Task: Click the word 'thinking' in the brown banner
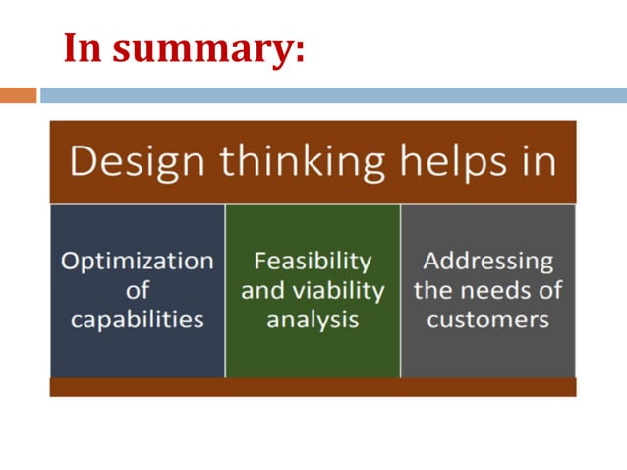click(x=296, y=162)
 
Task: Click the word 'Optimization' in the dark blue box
click(x=138, y=262)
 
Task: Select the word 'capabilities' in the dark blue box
click(x=138, y=321)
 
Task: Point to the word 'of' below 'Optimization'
click(x=138, y=291)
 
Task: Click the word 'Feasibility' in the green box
click(x=313, y=262)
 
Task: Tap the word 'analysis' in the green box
click(x=313, y=321)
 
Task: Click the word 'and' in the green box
click(x=260, y=291)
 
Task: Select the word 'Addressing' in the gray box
click(x=488, y=262)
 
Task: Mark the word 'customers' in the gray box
click(x=488, y=321)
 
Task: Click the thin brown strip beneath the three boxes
click(x=313, y=387)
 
